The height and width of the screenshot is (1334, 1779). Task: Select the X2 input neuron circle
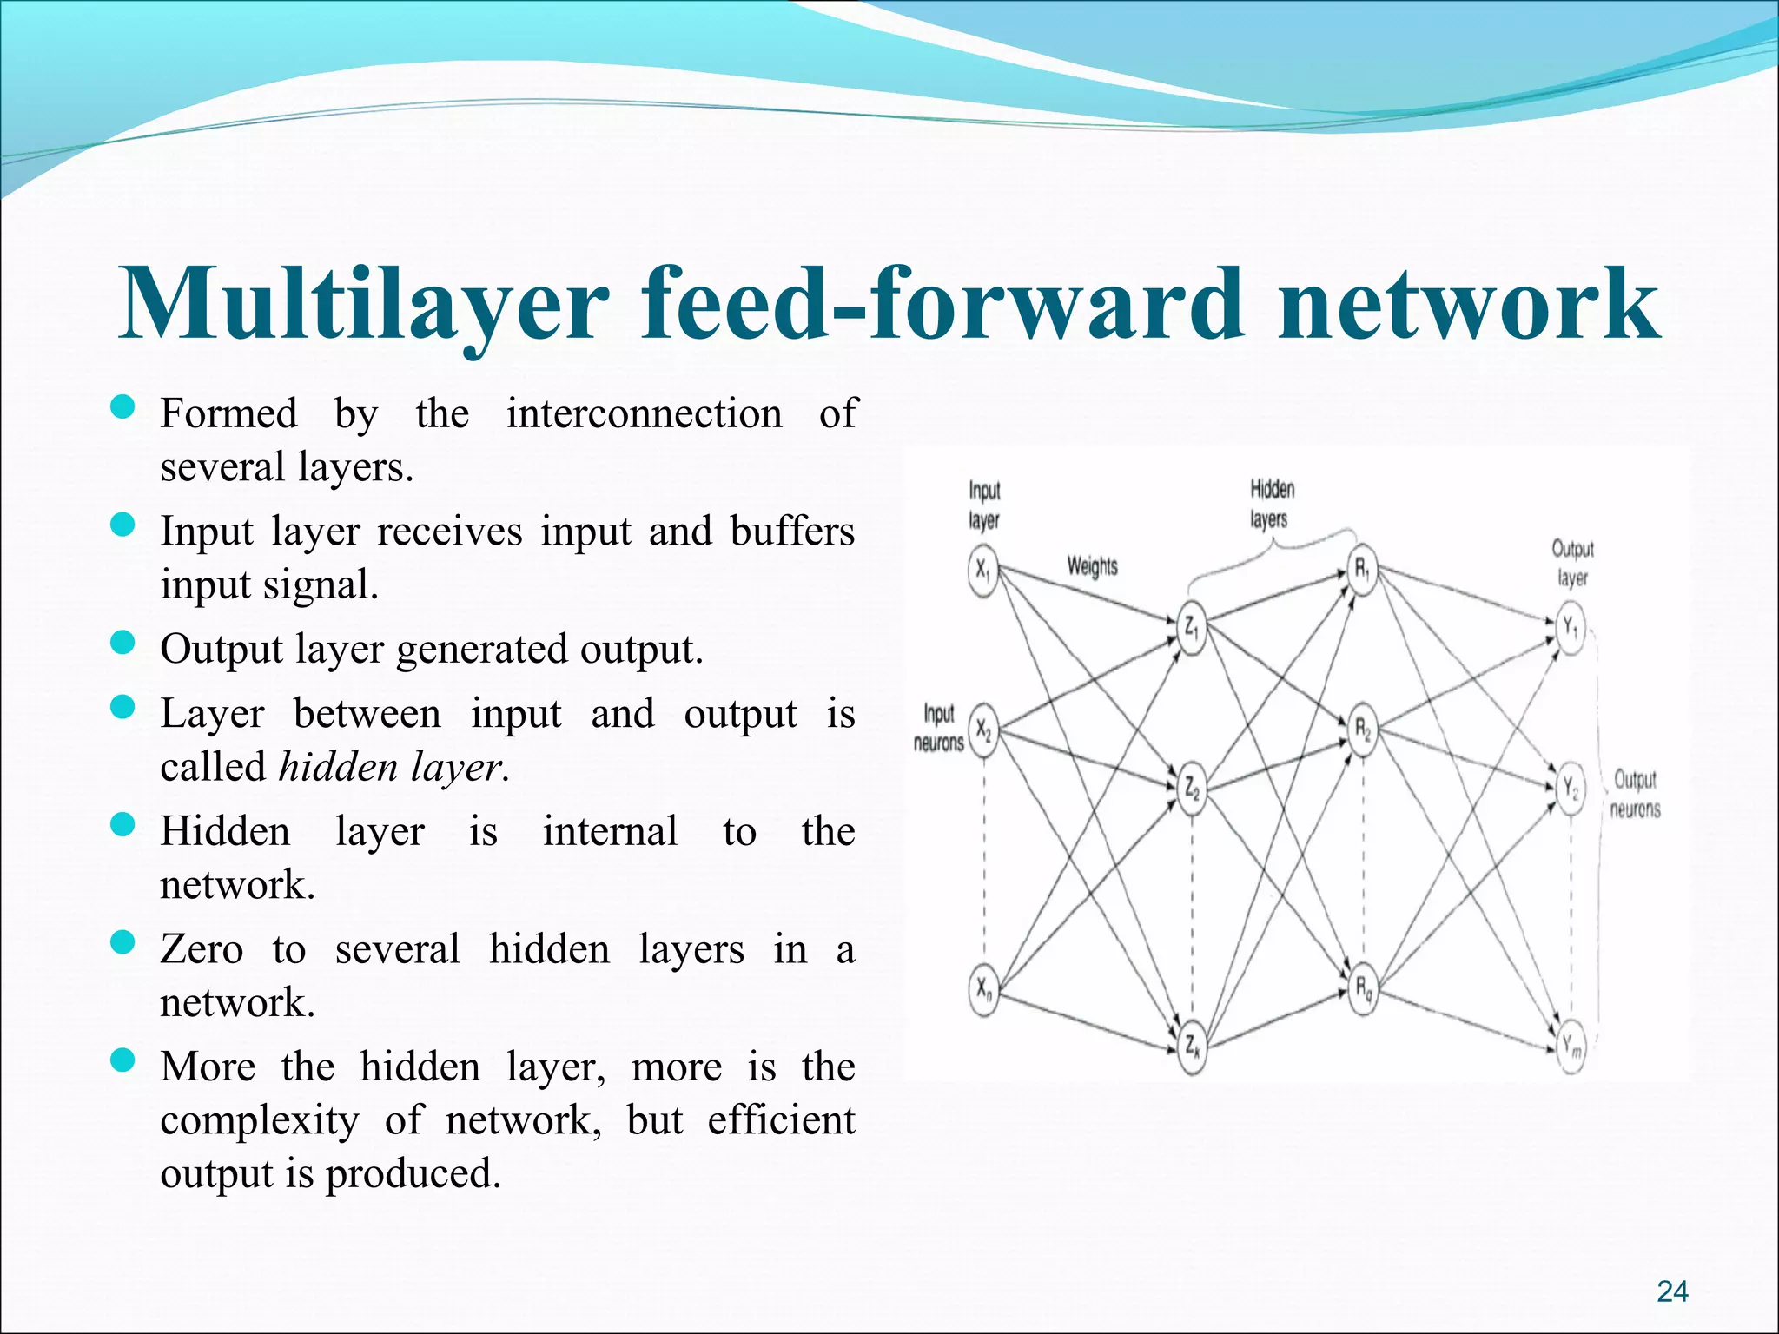coord(982,730)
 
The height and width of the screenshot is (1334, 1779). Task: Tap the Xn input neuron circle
coord(982,988)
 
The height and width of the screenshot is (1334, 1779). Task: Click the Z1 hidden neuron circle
coord(1192,627)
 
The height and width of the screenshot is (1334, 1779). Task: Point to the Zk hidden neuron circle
coord(1192,1046)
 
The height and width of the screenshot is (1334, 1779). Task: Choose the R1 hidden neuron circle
coord(1363,571)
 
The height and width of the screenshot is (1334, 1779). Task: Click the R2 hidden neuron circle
coord(1363,730)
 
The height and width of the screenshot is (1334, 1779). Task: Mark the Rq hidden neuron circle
coord(1363,988)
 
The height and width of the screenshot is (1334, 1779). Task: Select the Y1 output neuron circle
coord(1571,627)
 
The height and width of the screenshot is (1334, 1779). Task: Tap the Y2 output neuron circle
coord(1571,789)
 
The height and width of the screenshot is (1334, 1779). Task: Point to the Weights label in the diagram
coord(1092,567)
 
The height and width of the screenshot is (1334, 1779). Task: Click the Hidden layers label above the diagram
coord(1271,504)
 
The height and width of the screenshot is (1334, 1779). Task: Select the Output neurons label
coord(1635,794)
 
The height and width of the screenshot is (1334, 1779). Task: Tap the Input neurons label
coord(939,728)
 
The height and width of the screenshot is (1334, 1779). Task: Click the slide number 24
coord(1672,1291)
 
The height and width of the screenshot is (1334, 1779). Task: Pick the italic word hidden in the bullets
coord(338,767)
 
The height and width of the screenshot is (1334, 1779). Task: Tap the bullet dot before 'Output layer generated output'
coord(123,643)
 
